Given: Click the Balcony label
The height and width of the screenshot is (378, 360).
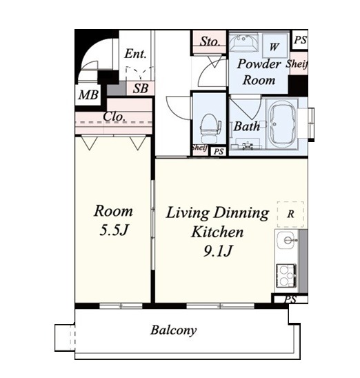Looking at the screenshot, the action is point(174,330).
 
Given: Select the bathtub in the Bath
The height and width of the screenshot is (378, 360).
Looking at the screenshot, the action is point(282,126).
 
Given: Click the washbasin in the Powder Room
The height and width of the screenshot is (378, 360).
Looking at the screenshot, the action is point(243,43).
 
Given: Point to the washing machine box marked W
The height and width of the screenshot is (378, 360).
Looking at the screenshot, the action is point(274,46).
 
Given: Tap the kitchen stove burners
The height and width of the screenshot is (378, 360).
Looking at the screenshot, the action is point(286,275).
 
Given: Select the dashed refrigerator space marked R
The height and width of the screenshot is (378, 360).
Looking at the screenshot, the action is point(290,214).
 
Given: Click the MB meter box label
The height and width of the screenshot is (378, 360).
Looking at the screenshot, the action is point(88,94).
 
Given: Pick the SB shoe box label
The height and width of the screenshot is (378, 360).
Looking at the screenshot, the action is point(141,88).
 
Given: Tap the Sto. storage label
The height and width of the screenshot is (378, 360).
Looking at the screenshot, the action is point(210,41).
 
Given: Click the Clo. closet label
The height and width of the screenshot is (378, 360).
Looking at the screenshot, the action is point(114,117).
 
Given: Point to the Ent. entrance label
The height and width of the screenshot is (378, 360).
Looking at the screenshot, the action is point(135,54).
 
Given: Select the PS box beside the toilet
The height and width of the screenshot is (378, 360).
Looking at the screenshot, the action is point(219,152).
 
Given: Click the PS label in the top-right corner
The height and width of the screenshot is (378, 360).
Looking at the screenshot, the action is point(300,40).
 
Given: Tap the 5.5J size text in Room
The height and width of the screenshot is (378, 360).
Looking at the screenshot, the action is point(114,230).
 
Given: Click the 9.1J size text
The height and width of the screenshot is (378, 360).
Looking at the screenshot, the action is point(218,251).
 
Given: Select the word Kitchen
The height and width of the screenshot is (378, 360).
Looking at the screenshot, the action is point(217,232).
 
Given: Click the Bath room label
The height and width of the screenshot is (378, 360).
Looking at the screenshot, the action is point(247,126).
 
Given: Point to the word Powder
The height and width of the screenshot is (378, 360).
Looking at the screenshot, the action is point(259,63).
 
